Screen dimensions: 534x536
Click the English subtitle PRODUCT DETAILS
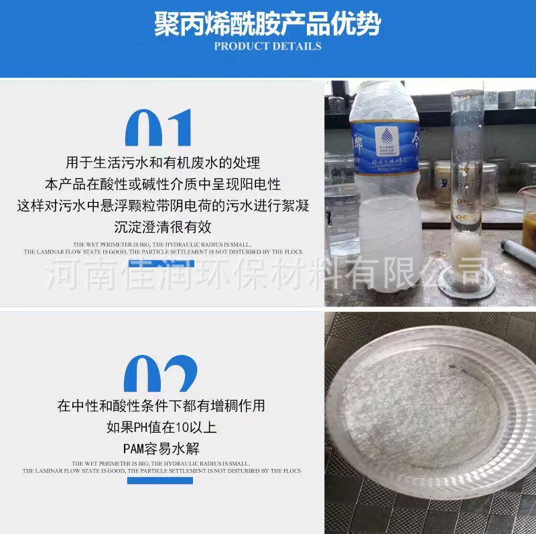(267, 46)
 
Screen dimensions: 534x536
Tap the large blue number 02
(161, 376)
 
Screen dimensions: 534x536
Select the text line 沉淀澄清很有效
(163, 227)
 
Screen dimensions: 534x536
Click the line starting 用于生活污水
(163, 162)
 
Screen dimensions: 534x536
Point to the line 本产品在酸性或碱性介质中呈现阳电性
(163, 184)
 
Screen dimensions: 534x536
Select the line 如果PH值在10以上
(161, 427)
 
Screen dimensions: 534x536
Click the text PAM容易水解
(161, 448)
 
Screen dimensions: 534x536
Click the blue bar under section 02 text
(161, 480)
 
